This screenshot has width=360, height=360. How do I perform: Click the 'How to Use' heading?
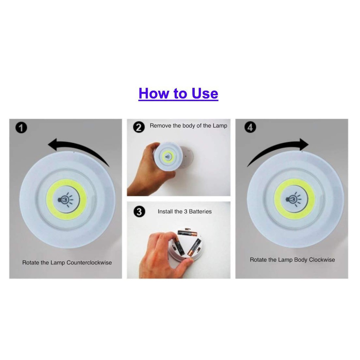click(178, 94)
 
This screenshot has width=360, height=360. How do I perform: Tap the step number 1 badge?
click(21, 128)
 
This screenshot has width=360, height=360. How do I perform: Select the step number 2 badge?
click(139, 127)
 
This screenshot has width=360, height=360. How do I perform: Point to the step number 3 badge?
click(139, 211)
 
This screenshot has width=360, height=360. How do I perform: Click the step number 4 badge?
click(250, 127)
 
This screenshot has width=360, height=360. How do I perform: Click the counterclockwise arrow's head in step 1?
click(53, 144)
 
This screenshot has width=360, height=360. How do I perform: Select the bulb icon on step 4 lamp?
click(294, 199)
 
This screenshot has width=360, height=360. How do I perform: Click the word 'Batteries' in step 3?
click(200, 211)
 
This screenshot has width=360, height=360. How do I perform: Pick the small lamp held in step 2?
click(168, 156)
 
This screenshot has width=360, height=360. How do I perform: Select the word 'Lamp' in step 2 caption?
click(220, 126)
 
